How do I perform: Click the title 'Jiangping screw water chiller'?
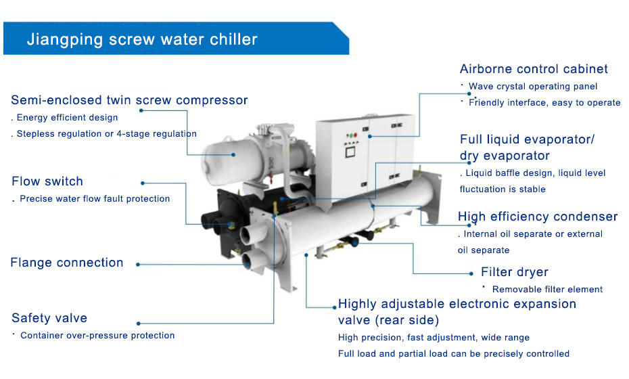click(142, 39)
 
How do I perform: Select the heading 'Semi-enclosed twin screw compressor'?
click(129, 100)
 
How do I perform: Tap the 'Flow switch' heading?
click(47, 181)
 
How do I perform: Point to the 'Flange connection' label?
click(66, 263)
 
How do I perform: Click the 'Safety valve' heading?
click(49, 318)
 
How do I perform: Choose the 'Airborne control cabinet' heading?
click(534, 69)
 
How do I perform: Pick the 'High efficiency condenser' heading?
click(538, 217)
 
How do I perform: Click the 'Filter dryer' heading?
click(515, 272)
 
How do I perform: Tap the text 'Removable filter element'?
click(547, 290)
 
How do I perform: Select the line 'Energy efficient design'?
click(68, 118)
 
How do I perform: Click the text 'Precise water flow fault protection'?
click(95, 199)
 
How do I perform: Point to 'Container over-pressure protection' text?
click(97, 336)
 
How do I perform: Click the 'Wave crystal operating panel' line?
click(533, 87)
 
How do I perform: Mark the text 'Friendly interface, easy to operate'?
click(544, 103)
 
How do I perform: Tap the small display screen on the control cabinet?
click(350, 152)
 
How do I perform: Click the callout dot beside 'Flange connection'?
click(137, 265)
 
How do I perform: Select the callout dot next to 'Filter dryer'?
click(471, 274)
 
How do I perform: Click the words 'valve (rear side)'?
click(388, 320)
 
